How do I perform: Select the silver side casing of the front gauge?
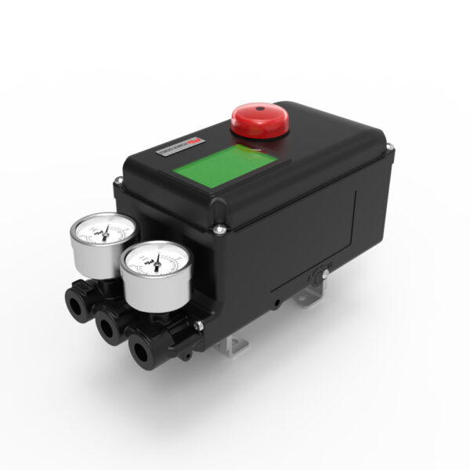coord(144,291)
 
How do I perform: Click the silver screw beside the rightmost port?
coord(201,324)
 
